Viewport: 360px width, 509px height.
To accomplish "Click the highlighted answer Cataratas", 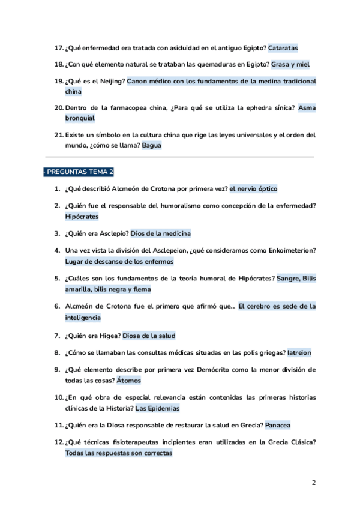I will coord(283,47).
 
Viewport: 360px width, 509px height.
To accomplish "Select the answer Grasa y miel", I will coord(290,64).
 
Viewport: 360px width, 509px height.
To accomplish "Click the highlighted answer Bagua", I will coord(151,145).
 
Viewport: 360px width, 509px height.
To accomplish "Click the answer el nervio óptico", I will coord(253,188).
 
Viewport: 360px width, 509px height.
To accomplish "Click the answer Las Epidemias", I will coord(157,408).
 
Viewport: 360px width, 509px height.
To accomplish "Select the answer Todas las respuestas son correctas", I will coord(119,453).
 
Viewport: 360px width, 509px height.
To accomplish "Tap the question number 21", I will coord(58,135).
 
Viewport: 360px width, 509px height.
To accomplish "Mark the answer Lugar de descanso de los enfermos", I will coord(119,261).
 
